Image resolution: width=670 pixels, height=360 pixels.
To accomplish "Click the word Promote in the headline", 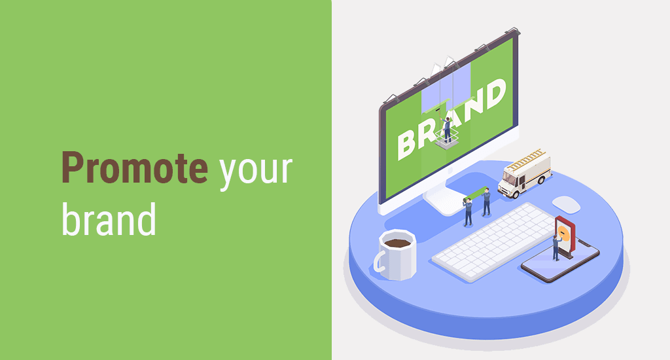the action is [x=135, y=168].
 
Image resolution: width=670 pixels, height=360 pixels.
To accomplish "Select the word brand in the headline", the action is [x=109, y=219].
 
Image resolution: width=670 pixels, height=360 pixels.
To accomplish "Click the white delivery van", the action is [x=524, y=174].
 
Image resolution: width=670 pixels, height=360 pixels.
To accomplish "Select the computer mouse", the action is [x=566, y=204].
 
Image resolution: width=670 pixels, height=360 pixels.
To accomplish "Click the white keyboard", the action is [x=496, y=241].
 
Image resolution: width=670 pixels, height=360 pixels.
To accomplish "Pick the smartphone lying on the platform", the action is [x=560, y=260].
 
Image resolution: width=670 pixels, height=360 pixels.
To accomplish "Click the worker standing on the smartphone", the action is [x=556, y=247].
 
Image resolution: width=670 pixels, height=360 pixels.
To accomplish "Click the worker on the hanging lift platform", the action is [x=447, y=130].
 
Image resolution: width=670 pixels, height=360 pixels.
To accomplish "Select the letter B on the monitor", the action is [x=407, y=145].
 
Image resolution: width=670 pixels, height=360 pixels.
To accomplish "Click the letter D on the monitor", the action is [x=493, y=94].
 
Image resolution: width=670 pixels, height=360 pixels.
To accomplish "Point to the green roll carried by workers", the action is [x=475, y=194].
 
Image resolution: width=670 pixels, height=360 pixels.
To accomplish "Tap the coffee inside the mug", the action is [x=397, y=243].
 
